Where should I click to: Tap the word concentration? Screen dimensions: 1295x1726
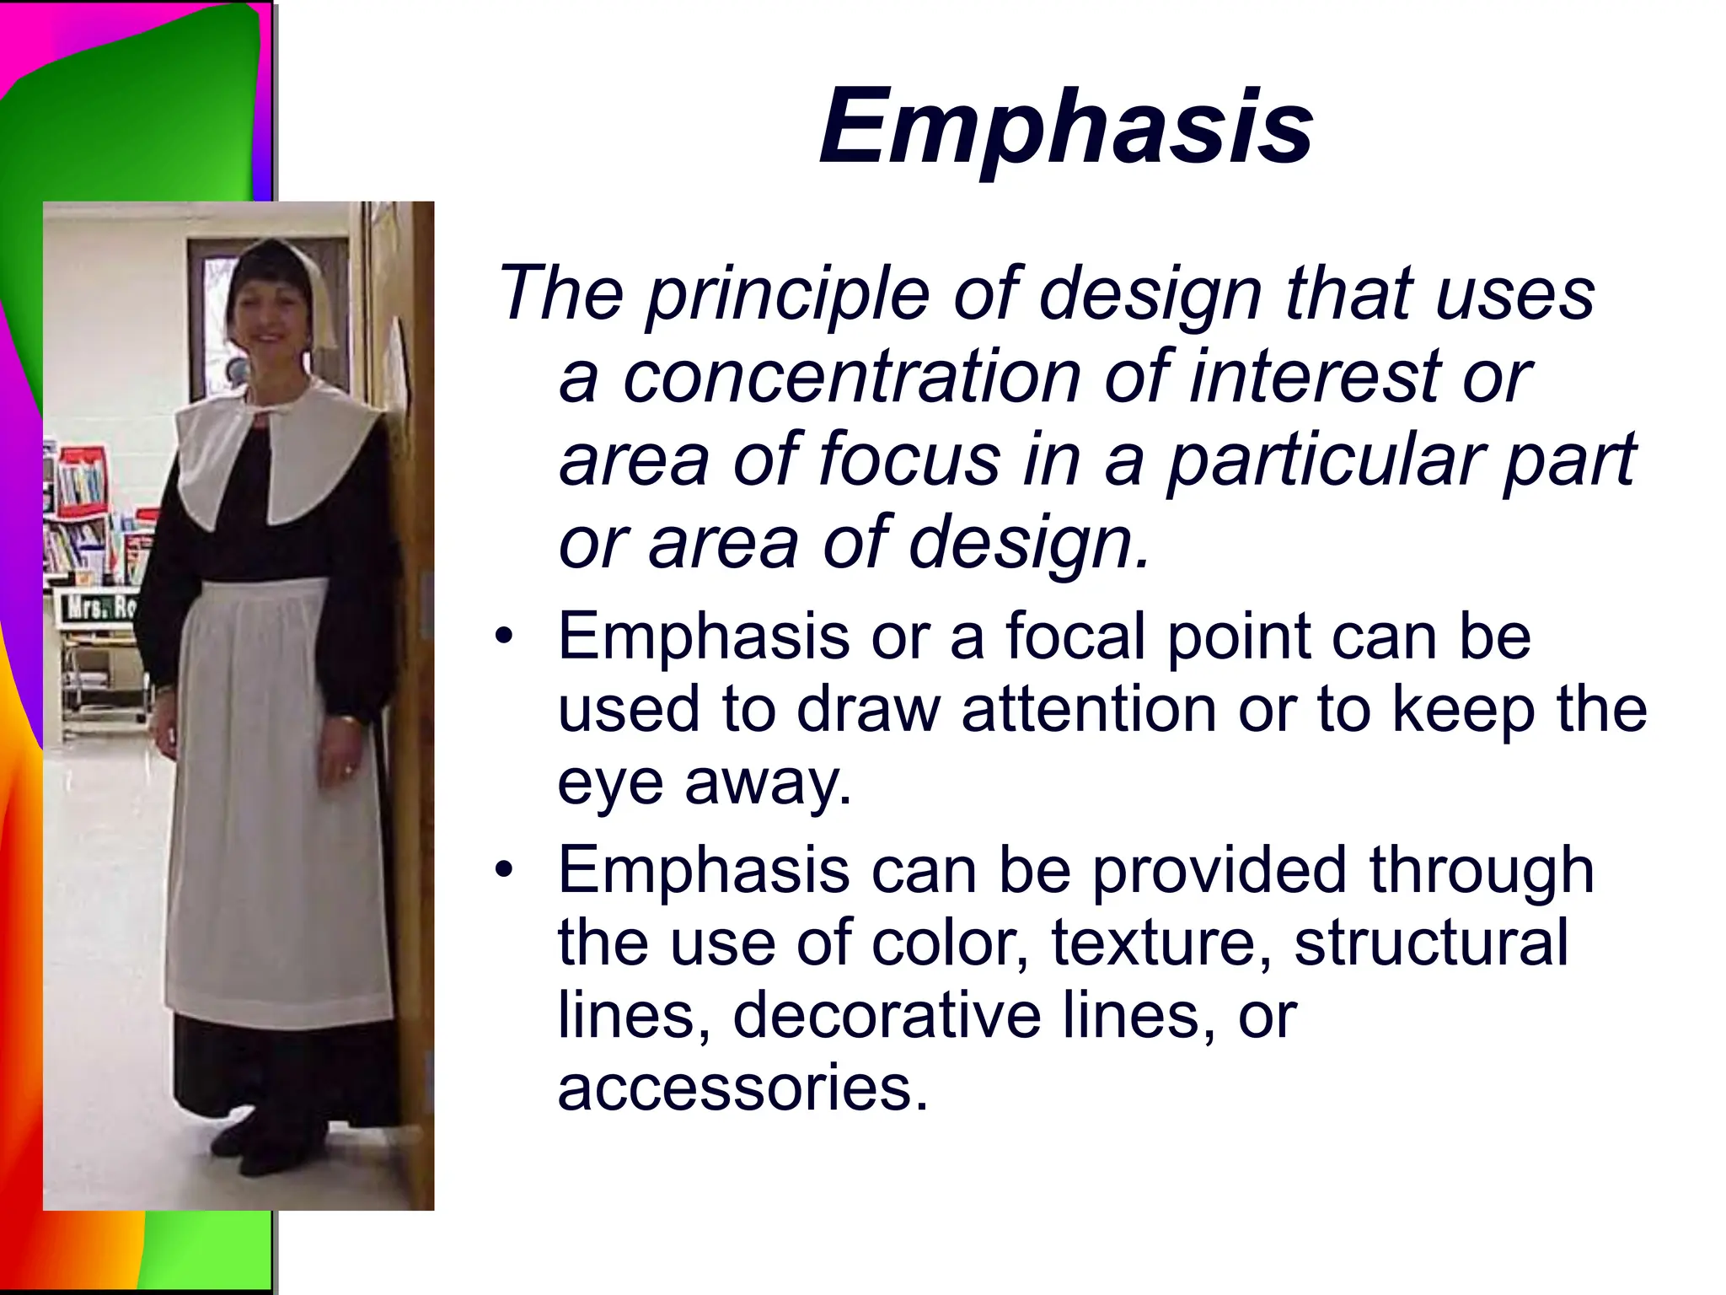pos(851,377)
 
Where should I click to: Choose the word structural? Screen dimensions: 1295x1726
pos(1430,942)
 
